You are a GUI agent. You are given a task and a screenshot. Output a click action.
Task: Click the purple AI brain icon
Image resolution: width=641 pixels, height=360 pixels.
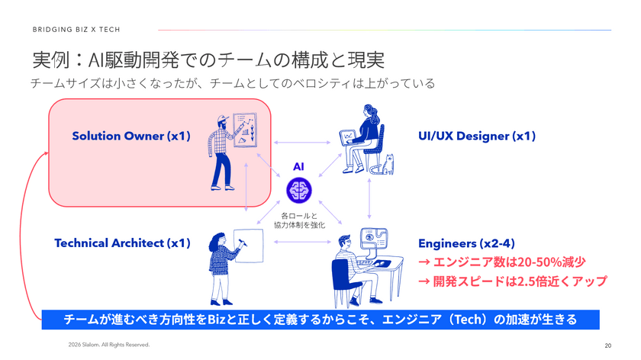coord(299,190)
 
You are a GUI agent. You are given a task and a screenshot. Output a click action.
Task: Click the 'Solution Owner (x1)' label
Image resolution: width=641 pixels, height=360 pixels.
coord(131,136)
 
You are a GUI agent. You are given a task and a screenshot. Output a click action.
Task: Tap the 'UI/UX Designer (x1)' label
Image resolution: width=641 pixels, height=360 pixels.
coord(477,136)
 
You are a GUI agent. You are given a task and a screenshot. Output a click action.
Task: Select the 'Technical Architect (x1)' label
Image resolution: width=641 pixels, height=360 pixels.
coord(123,243)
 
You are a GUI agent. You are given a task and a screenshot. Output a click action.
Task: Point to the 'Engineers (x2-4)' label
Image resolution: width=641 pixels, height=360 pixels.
coord(466,243)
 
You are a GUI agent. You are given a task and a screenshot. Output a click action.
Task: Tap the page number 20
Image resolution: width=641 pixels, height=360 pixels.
coord(608,346)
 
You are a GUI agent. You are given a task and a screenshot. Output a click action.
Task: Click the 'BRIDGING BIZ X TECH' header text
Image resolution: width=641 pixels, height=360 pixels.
coord(76,30)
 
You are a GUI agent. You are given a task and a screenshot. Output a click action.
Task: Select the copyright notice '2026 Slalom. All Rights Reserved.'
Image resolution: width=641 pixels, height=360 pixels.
coord(108,345)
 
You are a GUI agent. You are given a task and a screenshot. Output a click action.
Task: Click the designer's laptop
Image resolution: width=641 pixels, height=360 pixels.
coord(348,136)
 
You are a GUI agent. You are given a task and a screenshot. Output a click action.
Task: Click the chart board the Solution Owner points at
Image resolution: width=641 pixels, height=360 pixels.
coord(245,130)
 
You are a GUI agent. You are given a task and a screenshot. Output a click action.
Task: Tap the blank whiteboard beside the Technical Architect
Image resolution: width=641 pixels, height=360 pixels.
coord(249,246)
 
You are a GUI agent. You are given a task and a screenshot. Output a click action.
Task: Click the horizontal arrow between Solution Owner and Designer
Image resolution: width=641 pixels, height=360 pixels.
coord(302,143)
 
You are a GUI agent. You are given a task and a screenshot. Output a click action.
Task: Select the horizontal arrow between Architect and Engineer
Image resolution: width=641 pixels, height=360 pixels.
coord(302,242)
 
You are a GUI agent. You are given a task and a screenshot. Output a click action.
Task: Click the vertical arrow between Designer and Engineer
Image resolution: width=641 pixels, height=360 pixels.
coord(369,198)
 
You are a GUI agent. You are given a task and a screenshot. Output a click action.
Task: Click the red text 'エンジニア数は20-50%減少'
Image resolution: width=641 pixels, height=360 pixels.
coord(502,262)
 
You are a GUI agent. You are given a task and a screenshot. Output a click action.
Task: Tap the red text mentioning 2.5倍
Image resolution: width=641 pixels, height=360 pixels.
coord(513,281)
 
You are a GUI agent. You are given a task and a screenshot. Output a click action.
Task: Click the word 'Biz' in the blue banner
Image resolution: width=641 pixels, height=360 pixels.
coord(217,319)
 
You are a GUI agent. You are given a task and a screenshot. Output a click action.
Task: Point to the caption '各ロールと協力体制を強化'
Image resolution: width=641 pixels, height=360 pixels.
coord(299,220)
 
